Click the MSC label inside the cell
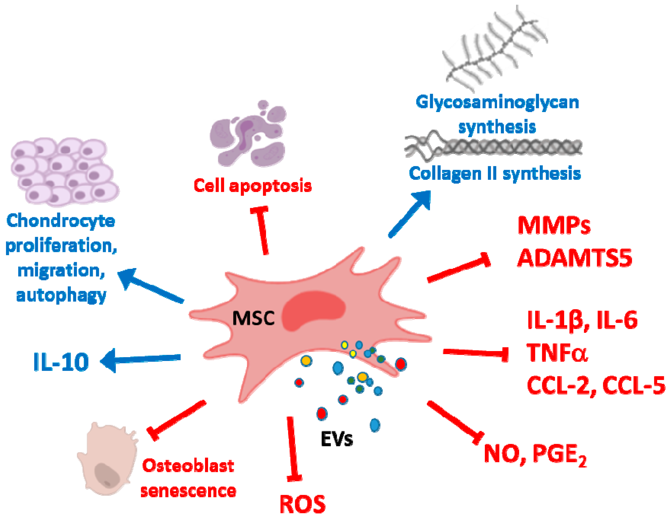click(253, 318)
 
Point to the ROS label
click(302, 504)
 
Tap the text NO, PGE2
click(534, 454)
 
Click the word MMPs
click(554, 226)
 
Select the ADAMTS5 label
click(574, 258)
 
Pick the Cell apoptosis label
click(253, 186)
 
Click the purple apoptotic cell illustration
click(248, 135)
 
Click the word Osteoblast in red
click(188, 466)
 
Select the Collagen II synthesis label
click(495, 174)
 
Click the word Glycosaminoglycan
click(497, 102)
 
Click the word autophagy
click(61, 296)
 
